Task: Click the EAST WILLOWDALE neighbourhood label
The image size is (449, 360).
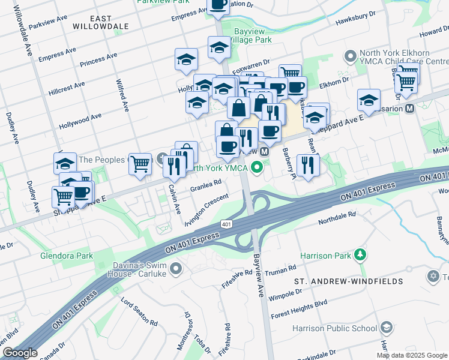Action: click(101, 23)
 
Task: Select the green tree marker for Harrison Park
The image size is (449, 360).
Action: click(360, 255)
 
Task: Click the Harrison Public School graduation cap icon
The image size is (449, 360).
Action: click(387, 328)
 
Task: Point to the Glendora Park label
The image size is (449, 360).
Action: click(67, 256)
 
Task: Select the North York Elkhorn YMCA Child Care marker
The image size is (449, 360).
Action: click(350, 56)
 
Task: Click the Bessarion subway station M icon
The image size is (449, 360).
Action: click(410, 109)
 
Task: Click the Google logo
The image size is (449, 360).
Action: click(20, 353)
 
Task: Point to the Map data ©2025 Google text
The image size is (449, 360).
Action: click(412, 355)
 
